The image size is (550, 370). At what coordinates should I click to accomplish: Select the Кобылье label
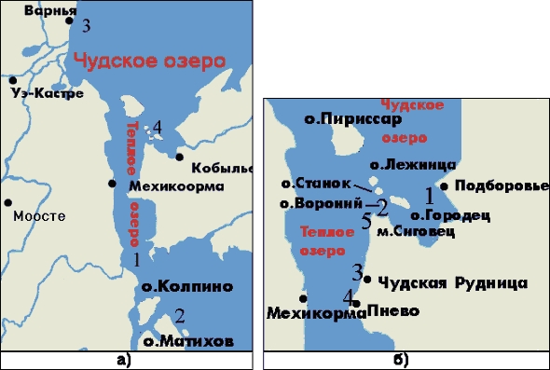(x=221, y=168)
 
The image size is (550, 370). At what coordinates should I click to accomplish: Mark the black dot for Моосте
(x=7, y=201)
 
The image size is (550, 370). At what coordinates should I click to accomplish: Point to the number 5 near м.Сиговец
(x=366, y=222)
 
